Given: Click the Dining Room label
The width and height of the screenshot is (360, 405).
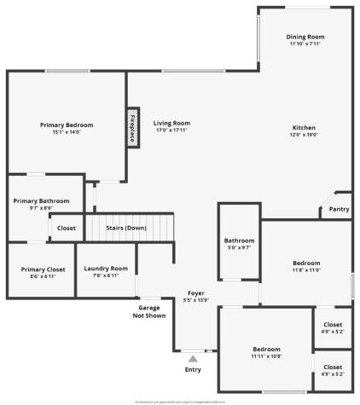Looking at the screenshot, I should coord(305,37).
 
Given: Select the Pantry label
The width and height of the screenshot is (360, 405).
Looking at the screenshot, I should coord(339,209).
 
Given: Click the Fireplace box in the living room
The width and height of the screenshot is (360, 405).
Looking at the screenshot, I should coord(134,127).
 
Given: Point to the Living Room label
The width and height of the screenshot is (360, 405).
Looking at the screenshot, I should coord(171,124).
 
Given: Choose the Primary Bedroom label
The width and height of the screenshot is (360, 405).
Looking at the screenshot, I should coord(67,124).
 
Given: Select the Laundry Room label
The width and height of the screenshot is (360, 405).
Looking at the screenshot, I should coord(106,269).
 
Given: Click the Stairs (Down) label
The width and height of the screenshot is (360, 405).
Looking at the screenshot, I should coord(125,228).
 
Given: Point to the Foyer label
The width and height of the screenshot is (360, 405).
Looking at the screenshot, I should coord(195,292).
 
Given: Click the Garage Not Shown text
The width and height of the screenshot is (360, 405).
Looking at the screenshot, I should coord(149,311).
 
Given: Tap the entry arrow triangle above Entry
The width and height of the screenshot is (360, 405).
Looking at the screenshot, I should coord(193,359).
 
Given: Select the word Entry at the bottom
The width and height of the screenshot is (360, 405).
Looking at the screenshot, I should coord(193,369).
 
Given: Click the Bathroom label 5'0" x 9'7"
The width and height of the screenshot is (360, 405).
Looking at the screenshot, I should coord(239,240).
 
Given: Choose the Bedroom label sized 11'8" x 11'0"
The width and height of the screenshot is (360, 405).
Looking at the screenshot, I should coord(306,263).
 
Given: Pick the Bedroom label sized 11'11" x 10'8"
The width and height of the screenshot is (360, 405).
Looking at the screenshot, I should coord(265,350).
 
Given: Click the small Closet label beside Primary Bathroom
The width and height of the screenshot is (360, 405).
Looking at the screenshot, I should coord(67,228).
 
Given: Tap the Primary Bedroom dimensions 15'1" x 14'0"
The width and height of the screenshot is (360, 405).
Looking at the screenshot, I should coord(67,132).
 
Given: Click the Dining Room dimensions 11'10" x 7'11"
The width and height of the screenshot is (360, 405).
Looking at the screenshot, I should coord(305,44).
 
